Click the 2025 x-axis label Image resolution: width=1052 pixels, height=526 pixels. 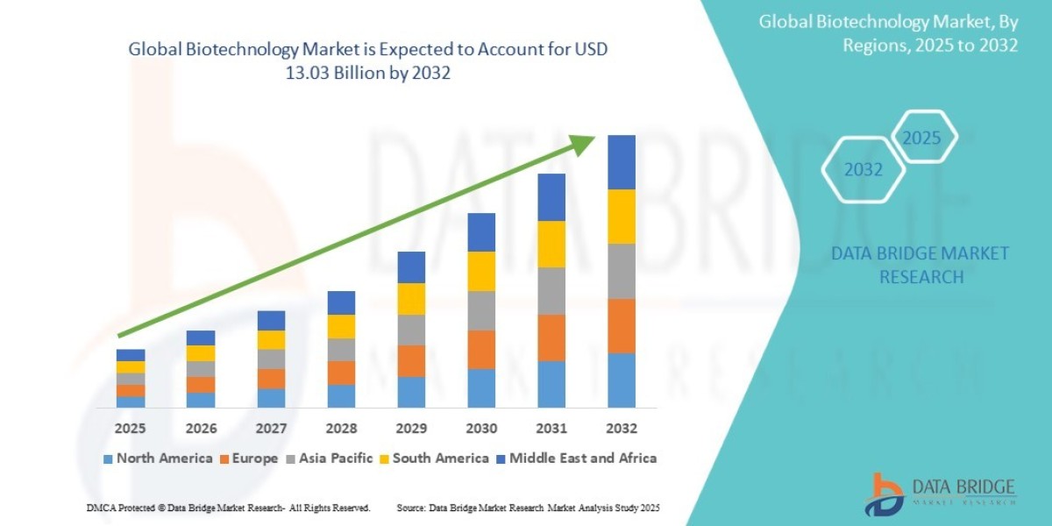coord(130,429)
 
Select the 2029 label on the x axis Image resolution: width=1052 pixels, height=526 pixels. coord(411,429)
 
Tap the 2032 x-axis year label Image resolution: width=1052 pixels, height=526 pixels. coord(622,429)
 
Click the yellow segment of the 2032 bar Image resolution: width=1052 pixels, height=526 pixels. coord(622,217)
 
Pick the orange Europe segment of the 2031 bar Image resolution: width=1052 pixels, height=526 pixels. coord(551,338)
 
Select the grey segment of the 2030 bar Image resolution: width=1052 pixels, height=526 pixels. coord(481,310)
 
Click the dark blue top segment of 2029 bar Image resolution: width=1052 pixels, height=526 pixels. coord(411,267)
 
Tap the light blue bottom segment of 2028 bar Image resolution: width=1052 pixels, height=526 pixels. coord(341,395)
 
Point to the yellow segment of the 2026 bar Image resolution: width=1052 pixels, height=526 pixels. coord(201,353)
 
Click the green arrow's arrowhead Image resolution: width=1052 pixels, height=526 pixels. coord(583,143)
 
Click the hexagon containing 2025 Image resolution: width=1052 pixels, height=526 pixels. coord(921,138)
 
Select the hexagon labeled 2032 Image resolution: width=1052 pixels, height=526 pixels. coord(863,170)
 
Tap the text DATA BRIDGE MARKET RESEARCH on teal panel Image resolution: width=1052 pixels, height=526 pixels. coord(920,265)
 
